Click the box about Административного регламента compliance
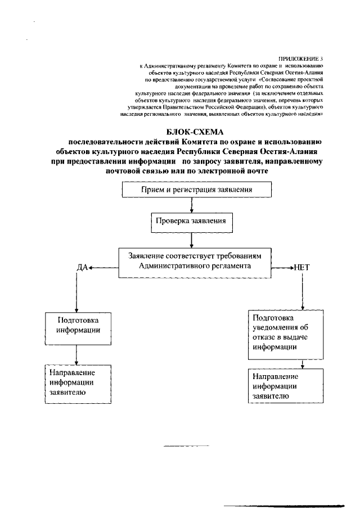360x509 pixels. tap(195, 262)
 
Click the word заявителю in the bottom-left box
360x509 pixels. tap(67, 393)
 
